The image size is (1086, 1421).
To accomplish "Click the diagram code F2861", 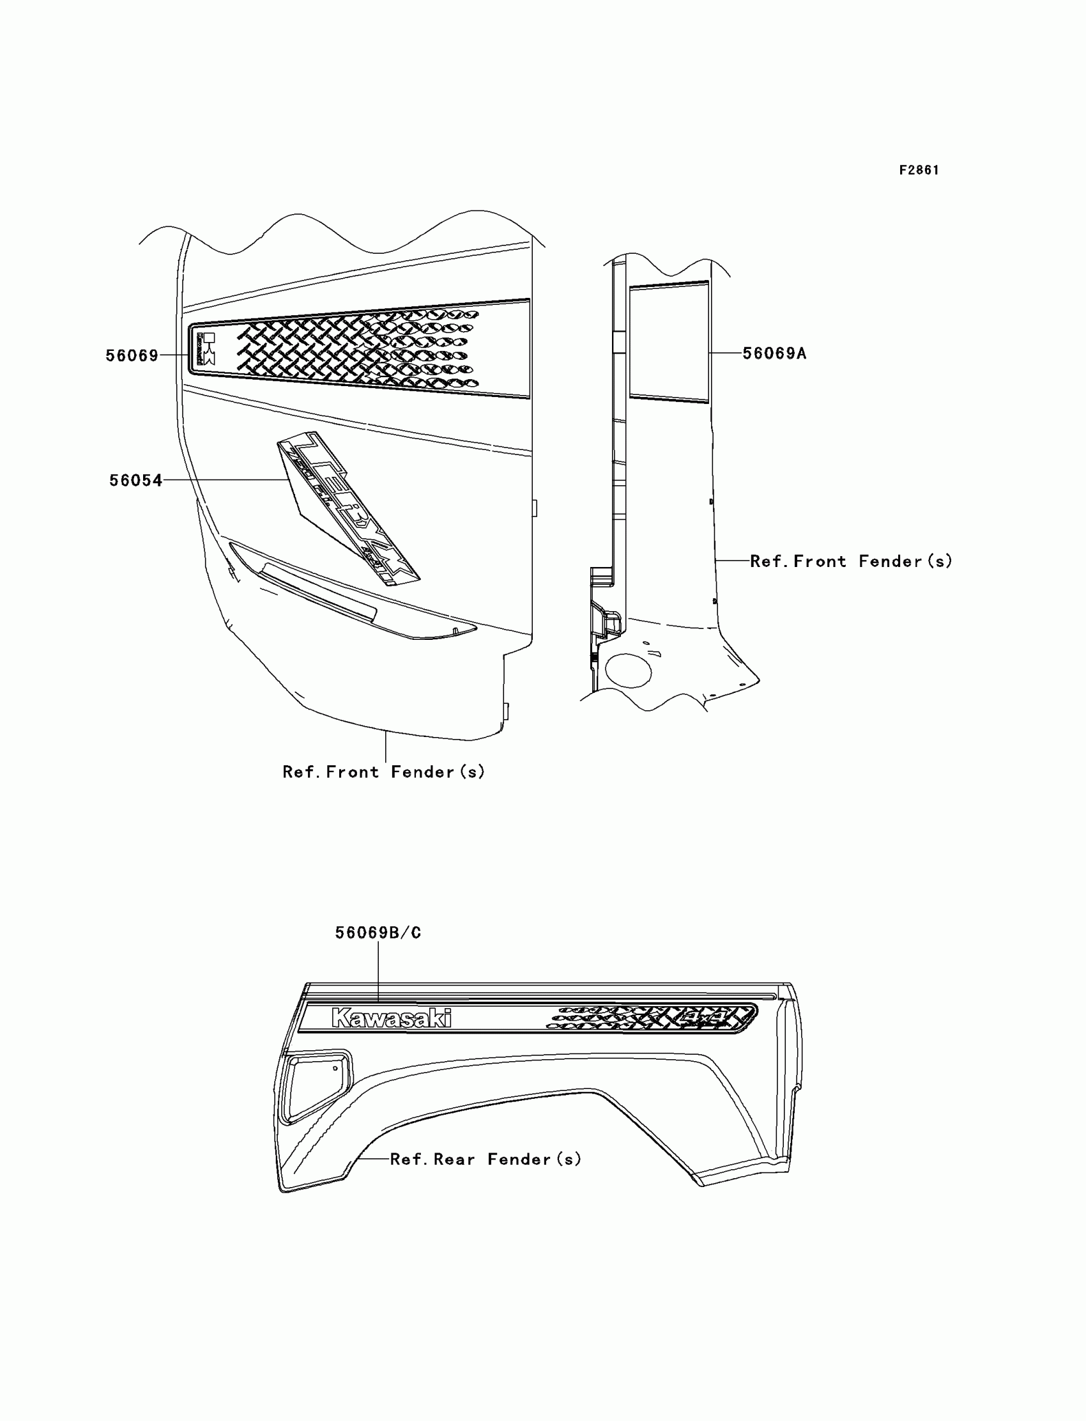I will (x=919, y=170).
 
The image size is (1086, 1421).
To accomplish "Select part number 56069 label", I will (x=132, y=356).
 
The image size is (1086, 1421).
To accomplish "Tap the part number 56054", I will (x=135, y=481).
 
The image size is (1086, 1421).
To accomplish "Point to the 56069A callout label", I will (x=774, y=353).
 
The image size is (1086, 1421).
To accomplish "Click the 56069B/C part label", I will (x=378, y=933).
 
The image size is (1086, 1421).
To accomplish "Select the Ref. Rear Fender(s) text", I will (x=486, y=1159).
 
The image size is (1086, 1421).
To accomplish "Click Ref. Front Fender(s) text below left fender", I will (x=383, y=772).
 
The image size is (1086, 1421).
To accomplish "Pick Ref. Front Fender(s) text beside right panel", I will (x=851, y=561).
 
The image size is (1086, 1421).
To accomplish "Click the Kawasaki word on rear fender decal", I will (x=391, y=1018).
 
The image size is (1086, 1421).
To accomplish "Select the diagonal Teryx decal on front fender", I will (x=349, y=508).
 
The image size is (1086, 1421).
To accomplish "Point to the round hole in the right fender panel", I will (x=629, y=670).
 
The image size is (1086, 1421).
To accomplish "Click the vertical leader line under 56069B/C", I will (x=378, y=970).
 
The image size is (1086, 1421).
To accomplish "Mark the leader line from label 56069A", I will (x=725, y=353).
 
